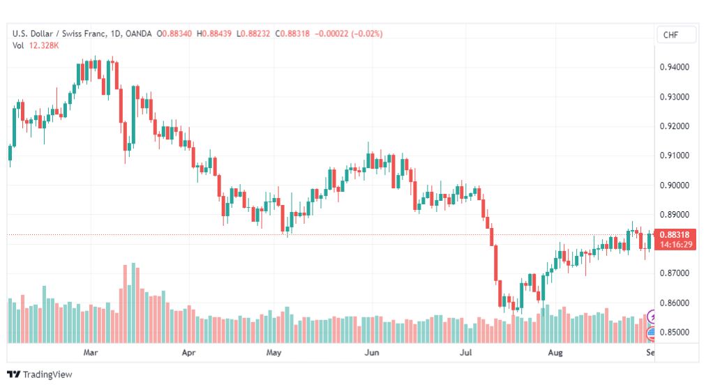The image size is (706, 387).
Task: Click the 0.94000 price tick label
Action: point(674,67)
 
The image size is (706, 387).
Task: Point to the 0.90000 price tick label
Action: point(674,185)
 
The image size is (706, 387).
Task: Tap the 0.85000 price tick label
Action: point(674,333)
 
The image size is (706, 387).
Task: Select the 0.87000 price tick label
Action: point(674,273)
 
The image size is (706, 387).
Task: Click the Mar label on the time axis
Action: point(91,352)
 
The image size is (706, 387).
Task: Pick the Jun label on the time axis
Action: point(371,352)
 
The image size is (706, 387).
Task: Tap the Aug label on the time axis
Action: point(555,352)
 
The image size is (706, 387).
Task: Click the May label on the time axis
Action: point(273,352)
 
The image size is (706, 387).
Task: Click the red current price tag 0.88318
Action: point(675,235)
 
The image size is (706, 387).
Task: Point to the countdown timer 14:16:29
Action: point(676,245)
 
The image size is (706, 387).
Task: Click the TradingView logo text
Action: point(47,374)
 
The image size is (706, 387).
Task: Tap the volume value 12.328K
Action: point(44,45)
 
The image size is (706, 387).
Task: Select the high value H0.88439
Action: point(214,33)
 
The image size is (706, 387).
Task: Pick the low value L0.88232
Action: point(253,33)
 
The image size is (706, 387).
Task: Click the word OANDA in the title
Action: point(139,33)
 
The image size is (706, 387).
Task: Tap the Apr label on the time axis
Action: point(188,352)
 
